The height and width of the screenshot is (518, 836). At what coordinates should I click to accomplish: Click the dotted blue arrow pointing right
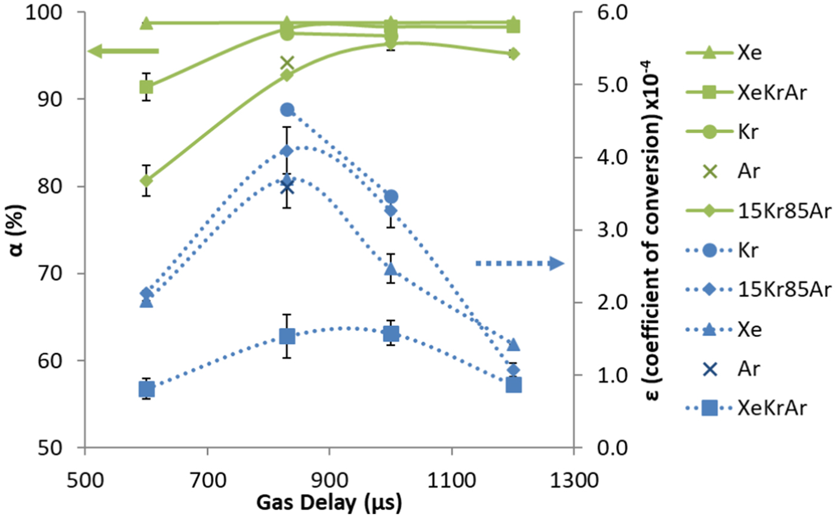520,263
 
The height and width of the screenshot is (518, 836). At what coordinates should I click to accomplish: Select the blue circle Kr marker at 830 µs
287,109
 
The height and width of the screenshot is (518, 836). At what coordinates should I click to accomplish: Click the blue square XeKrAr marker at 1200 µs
514,385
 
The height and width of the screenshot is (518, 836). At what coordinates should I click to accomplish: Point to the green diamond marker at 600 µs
146,180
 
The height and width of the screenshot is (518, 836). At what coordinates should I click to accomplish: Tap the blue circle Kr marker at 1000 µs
391,197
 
